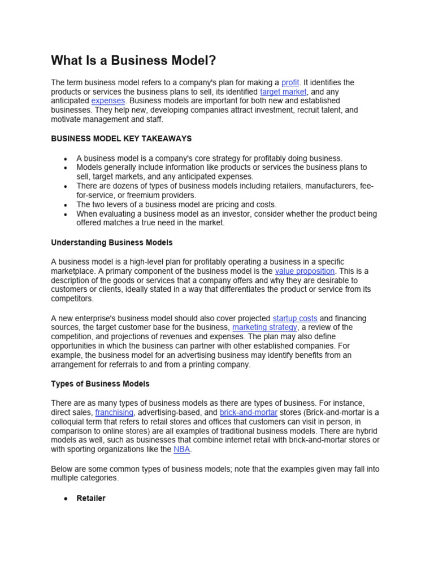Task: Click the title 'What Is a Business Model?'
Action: [x=134, y=60]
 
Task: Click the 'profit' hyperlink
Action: [x=290, y=82]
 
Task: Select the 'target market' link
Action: [x=283, y=91]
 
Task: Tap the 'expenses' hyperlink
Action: [x=108, y=100]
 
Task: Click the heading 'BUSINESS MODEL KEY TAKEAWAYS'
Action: [x=121, y=138]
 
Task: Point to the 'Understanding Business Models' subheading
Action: [x=112, y=243]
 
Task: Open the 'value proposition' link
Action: [x=305, y=271]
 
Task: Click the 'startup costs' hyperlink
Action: [x=295, y=318]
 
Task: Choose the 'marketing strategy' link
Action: [x=264, y=327]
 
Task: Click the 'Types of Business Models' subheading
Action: [x=100, y=384]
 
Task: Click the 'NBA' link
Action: [x=183, y=449]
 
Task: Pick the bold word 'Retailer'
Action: [x=91, y=498]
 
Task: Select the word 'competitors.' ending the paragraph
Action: [x=72, y=299]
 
